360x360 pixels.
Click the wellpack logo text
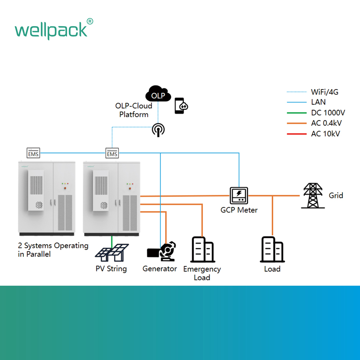point(54,29)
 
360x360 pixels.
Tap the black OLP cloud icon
point(158,94)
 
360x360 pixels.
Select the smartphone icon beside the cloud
point(181,106)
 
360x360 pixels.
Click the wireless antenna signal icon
point(158,130)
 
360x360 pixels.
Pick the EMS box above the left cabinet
point(33,153)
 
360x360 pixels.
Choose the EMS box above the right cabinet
point(112,153)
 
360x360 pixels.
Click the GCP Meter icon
point(239,196)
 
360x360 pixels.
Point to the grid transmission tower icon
point(313,196)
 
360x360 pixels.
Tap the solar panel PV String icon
point(112,252)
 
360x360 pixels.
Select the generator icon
point(162,251)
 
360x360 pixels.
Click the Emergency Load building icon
point(202,249)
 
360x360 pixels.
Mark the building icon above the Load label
point(272,249)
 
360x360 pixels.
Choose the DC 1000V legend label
point(328,113)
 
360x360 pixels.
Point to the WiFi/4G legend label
point(324,92)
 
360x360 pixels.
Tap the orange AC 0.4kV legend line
point(297,123)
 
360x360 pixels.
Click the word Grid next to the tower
point(336,196)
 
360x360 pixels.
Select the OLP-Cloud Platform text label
point(134,110)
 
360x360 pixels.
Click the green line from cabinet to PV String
point(112,242)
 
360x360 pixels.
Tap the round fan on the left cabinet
point(39,205)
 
